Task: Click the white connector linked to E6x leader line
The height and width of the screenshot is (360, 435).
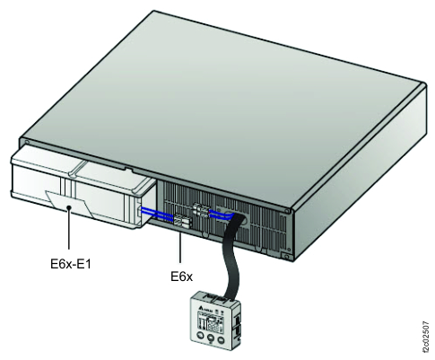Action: point(181,219)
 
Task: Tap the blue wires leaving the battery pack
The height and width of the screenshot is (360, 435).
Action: point(159,213)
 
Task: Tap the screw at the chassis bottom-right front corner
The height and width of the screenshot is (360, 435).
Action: point(286,258)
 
